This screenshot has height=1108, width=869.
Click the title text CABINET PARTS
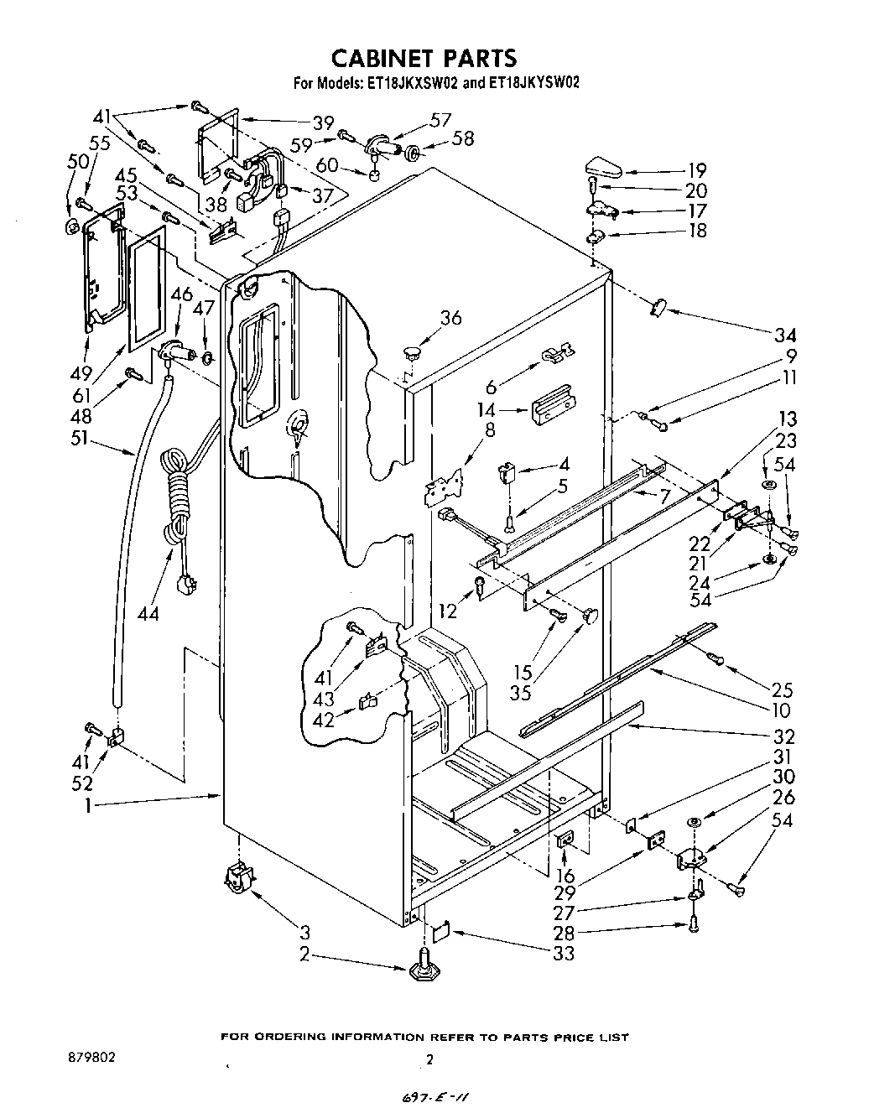pyautogui.click(x=424, y=57)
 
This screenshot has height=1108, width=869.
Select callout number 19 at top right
pyautogui.click(x=696, y=170)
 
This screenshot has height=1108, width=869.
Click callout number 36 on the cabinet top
pyautogui.click(x=450, y=318)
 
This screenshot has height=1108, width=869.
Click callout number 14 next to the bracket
pyautogui.click(x=485, y=411)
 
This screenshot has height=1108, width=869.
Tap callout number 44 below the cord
pyautogui.click(x=148, y=613)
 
